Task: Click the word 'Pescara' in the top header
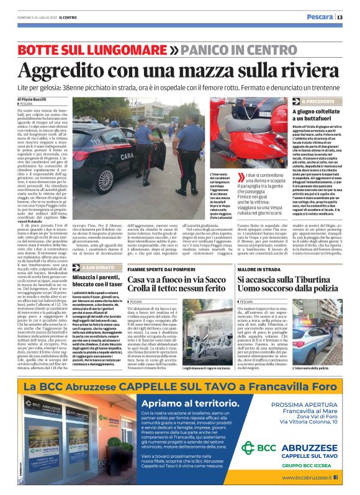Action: [x=319, y=17]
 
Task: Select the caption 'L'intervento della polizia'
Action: [x=327, y=367]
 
